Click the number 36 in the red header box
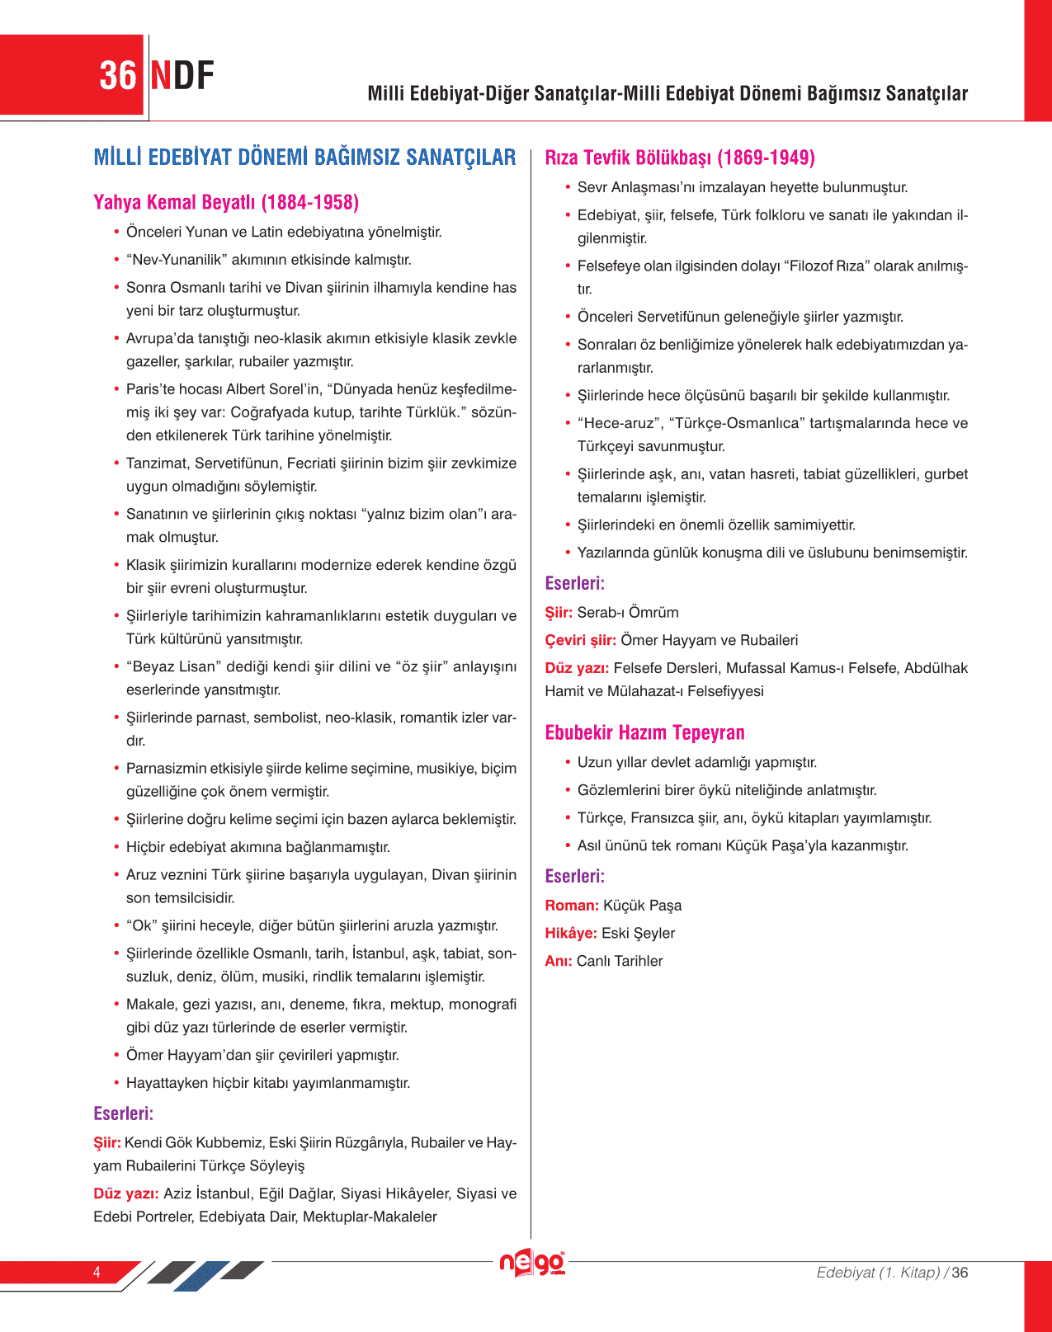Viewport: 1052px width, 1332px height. tap(117, 76)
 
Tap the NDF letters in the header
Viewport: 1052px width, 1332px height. tap(182, 76)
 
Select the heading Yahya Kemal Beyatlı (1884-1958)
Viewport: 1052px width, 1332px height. tap(226, 203)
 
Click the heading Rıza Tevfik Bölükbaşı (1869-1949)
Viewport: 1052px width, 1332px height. tap(680, 158)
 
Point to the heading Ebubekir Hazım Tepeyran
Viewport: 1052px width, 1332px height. tap(644, 732)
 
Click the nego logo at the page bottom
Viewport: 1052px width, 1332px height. tap(532, 1263)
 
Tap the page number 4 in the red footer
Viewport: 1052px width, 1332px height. tap(97, 1272)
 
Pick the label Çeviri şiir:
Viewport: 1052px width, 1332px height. tap(580, 640)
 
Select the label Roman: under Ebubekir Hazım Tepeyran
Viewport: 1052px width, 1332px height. tap(572, 906)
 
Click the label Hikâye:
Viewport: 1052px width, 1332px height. tap(571, 933)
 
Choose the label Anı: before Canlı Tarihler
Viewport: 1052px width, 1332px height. tap(559, 961)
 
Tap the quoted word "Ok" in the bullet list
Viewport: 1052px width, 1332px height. tap(141, 925)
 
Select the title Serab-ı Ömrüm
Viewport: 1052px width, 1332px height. tap(628, 613)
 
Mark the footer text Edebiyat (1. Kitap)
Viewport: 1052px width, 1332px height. tap(878, 1273)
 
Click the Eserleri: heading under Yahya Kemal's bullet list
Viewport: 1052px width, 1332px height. tap(124, 1113)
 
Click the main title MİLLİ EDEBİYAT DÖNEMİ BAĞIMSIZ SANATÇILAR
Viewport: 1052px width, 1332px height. tap(304, 158)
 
